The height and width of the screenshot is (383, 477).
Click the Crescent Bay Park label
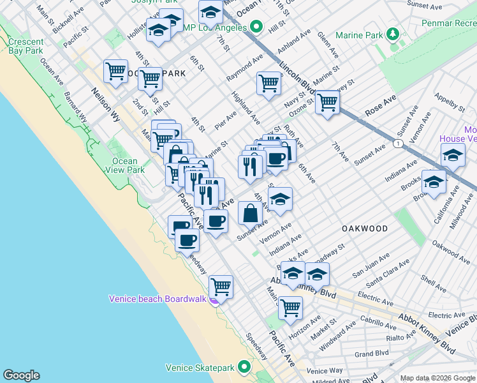coord(26,46)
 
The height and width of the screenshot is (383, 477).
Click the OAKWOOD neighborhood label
coord(365,229)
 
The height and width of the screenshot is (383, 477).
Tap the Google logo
coord(21,375)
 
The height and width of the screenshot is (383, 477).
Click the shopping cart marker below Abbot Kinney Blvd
coord(290,307)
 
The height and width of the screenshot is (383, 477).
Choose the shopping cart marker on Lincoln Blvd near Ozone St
coord(327,101)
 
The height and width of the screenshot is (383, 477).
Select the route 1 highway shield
coord(398,145)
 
